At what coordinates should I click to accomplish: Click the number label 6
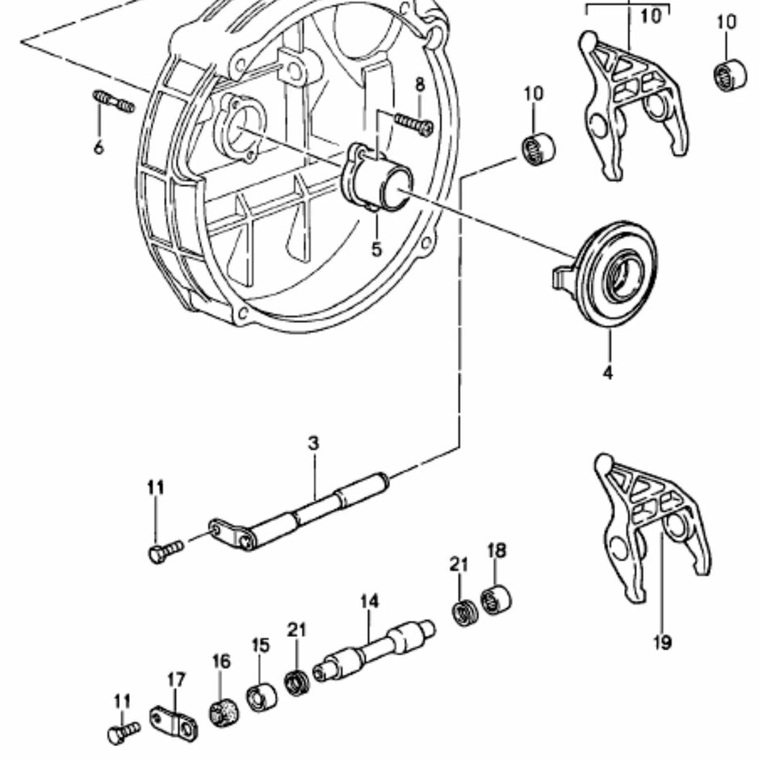(99, 149)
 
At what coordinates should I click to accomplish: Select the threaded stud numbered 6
(114, 103)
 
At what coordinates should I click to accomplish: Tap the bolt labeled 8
(413, 124)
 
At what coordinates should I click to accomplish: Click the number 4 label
(607, 372)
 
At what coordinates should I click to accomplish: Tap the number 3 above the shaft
(313, 443)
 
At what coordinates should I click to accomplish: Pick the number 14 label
(369, 602)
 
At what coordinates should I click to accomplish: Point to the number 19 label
(661, 644)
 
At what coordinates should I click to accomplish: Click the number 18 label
(497, 551)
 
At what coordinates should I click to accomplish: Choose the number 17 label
(177, 680)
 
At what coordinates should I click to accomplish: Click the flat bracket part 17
(173, 721)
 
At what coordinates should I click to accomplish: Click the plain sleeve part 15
(261, 697)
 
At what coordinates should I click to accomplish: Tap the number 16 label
(220, 661)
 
